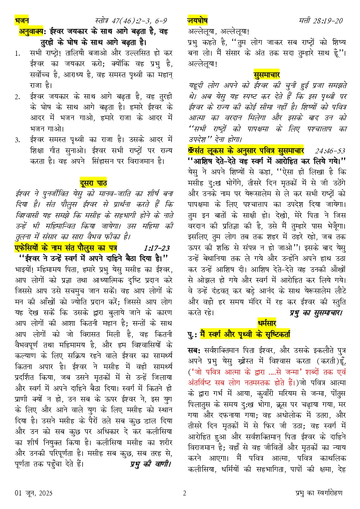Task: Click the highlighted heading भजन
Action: (22, 20)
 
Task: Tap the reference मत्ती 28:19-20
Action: (321, 21)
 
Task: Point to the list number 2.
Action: (17, 97)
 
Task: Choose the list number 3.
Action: (17, 140)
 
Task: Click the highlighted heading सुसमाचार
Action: (267, 74)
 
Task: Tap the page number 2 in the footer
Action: (185, 493)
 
